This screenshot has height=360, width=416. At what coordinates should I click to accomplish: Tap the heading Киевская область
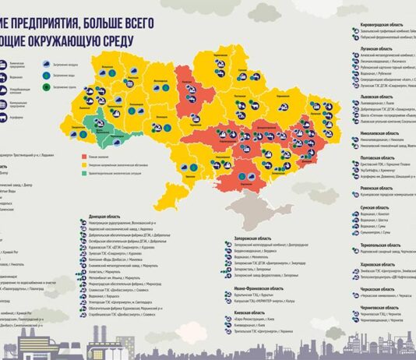click(x=249, y=312)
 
